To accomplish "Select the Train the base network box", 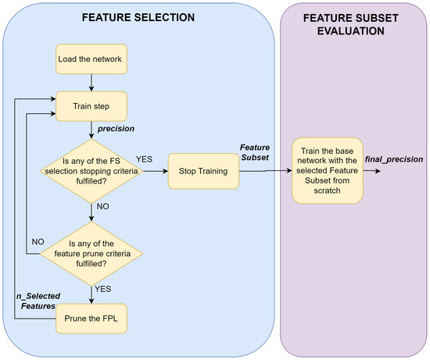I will tap(328, 170).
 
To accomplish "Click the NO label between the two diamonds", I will tap(102, 209).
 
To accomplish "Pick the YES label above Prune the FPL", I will tap(102, 289).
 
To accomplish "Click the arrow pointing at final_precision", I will tap(375, 169).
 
